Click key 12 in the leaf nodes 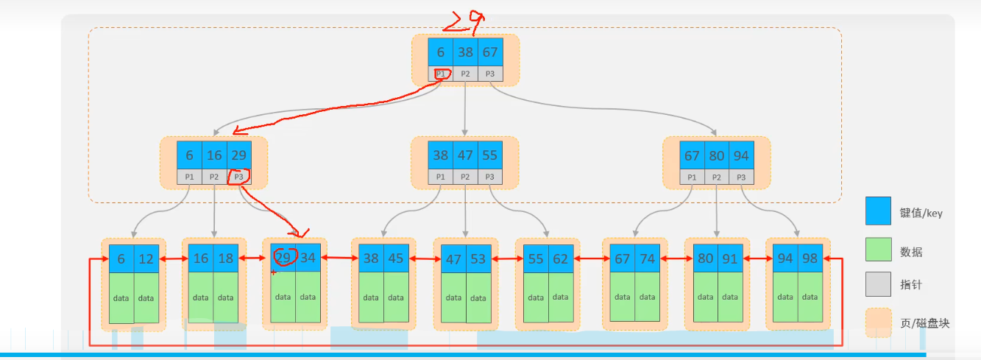[146, 258]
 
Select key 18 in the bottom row [226, 258]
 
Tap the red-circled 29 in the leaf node [283, 258]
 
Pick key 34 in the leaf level [308, 258]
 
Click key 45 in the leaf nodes [396, 258]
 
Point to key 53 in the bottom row [478, 258]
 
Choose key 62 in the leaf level [561, 258]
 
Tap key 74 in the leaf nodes [648, 258]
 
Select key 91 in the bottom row [730, 258]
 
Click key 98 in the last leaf [810, 258]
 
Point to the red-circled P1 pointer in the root [441, 74]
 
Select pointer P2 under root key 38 [466, 74]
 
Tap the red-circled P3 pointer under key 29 [238, 177]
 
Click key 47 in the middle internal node [466, 155]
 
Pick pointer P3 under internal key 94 [742, 177]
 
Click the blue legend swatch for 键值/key [878, 211]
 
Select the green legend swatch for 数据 [878, 250]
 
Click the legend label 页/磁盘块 [924, 322]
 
